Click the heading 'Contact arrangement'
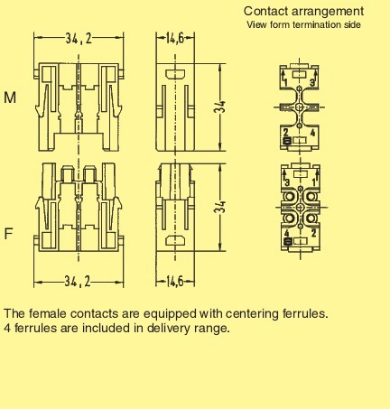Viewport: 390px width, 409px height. coord(303,12)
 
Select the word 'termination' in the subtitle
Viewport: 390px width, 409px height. coord(317,24)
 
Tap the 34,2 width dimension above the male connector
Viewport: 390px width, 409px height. coord(79,39)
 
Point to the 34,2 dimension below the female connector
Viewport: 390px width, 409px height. coord(78,282)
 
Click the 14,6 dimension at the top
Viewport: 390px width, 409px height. coord(175,39)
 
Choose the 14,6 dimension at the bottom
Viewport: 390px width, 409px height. coord(175,282)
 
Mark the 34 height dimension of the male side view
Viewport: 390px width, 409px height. coord(220,107)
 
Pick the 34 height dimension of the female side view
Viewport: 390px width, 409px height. coord(220,207)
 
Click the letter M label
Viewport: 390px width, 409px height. coord(10,98)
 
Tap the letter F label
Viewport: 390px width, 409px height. coord(9,234)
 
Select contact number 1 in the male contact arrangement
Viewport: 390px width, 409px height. coord(285,82)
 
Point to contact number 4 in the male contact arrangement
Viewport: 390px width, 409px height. coord(313,133)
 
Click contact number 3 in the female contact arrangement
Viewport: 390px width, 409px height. coord(287,182)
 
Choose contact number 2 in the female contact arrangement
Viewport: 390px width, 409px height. coord(313,233)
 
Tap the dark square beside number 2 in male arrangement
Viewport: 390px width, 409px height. coord(287,141)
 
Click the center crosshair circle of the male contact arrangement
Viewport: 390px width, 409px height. coord(300,107)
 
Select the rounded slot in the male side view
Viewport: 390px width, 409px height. coord(175,74)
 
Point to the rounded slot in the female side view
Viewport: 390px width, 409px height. coord(175,241)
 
